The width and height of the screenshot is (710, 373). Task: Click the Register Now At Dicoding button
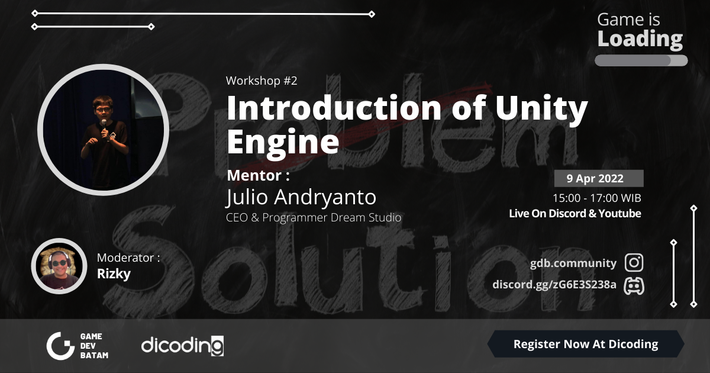[585, 344]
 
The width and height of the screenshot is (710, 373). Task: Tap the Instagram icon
[634, 263]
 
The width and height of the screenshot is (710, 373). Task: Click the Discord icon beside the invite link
[634, 285]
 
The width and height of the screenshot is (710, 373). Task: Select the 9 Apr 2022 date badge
[599, 178]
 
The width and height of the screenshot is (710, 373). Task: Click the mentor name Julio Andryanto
[301, 197]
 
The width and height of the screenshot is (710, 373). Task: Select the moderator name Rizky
[114, 274]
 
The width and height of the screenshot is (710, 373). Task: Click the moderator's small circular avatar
[59, 266]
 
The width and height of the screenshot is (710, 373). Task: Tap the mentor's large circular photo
[103, 130]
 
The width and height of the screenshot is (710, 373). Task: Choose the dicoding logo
[182, 345]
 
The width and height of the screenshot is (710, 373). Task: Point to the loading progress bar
[641, 60]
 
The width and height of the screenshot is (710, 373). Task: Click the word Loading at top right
[640, 40]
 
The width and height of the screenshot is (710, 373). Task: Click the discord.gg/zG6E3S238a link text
[554, 285]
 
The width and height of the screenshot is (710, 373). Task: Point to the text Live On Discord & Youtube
[575, 214]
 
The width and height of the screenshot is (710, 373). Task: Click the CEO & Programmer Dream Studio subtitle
[314, 217]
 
